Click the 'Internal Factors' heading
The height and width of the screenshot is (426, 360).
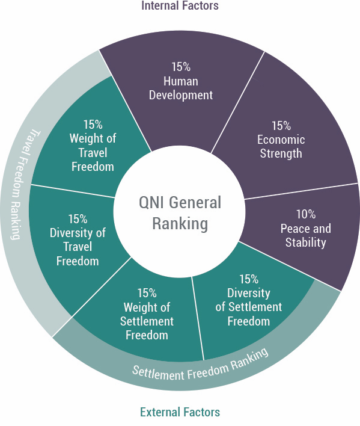(180, 5)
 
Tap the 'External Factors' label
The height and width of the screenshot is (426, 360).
(180, 412)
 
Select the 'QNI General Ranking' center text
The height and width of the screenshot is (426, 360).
(180, 213)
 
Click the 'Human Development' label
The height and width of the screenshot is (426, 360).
(181, 88)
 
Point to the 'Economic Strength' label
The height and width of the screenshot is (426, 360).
(281, 146)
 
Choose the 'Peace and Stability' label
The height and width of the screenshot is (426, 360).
(306, 235)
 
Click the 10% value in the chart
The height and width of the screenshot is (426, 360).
(306, 214)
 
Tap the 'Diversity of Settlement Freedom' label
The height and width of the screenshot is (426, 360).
(248, 307)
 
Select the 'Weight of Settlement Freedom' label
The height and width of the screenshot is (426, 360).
(147, 321)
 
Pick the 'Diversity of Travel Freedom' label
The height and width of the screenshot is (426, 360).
(78, 247)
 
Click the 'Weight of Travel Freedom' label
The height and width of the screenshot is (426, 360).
(93, 152)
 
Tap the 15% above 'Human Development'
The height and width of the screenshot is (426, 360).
(181, 67)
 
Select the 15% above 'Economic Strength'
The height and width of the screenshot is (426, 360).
(281, 126)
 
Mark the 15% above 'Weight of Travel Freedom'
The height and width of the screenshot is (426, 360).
(93, 125)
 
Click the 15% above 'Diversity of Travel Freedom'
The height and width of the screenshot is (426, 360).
(78, 219)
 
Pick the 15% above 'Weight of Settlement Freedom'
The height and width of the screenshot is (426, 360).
(147, 293)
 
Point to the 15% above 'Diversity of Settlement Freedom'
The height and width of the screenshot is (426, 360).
(249, 279)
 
